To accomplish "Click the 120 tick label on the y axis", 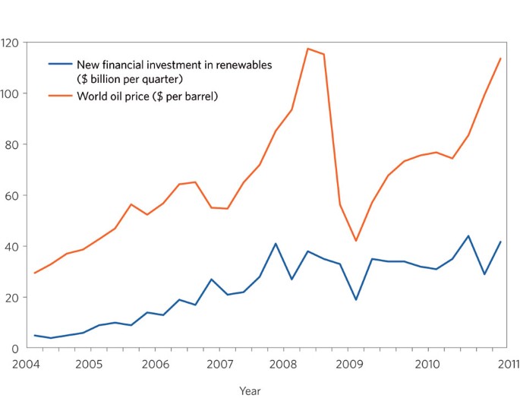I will tap(10, 43).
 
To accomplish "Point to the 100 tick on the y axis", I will tap(10, 93).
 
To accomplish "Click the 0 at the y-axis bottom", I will tap(14, 348).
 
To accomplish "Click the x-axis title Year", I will tap(250, 391).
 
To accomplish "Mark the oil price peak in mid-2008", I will tap(307, 49).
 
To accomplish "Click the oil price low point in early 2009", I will tap(356, 241).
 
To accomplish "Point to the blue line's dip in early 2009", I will tap(356, 299).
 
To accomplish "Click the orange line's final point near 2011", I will tap(501, 58).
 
